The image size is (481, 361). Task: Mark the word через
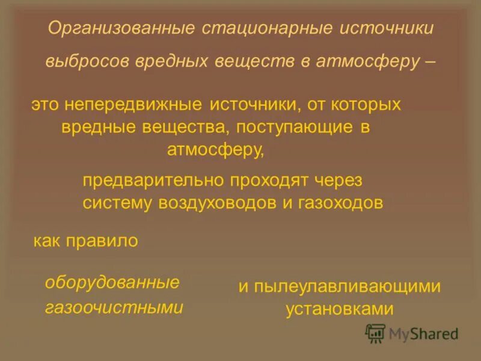pos(343,179)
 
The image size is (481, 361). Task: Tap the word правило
pos(106,241)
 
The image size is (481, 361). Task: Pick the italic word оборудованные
pos(112,282)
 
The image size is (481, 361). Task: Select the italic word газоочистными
pos(114,307)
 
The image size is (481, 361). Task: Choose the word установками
pos(339,309)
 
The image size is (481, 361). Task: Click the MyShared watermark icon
pos(376,333)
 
